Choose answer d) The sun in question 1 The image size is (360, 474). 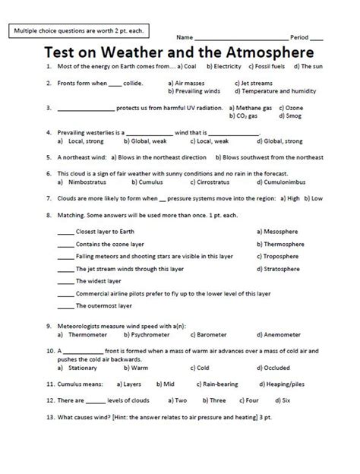point(308,67)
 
